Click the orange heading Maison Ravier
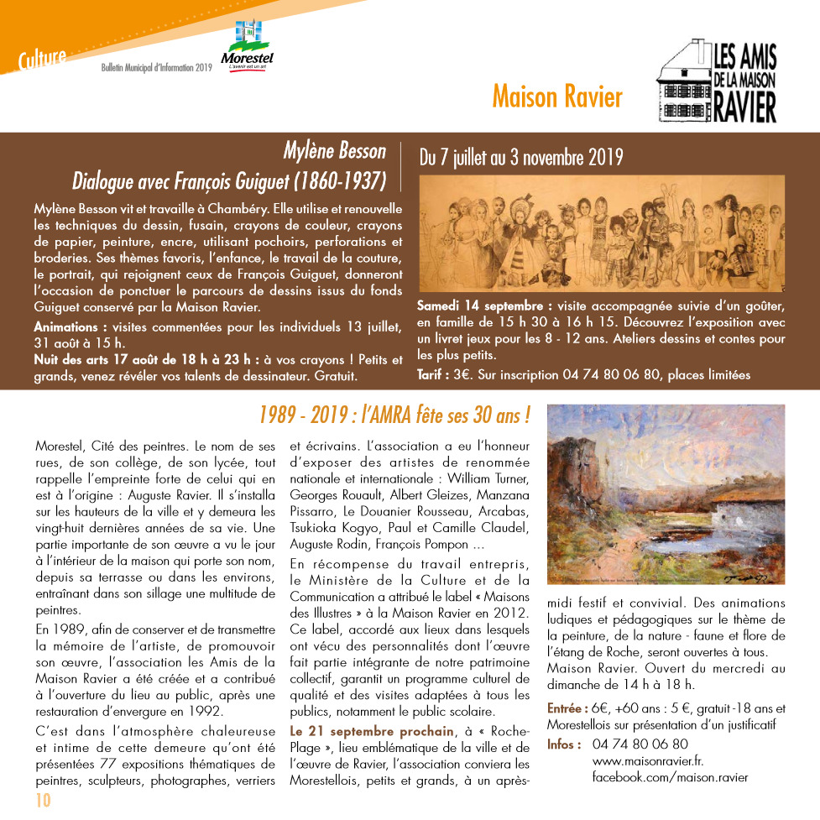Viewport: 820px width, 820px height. (556, 97)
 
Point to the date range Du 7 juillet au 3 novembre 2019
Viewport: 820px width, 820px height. (520, 156)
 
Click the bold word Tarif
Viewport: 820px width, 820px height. (432, 373)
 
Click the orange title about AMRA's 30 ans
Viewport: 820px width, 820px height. (394, 414)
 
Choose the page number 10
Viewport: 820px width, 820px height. (43, 800)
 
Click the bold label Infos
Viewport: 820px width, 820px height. (563, 744)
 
